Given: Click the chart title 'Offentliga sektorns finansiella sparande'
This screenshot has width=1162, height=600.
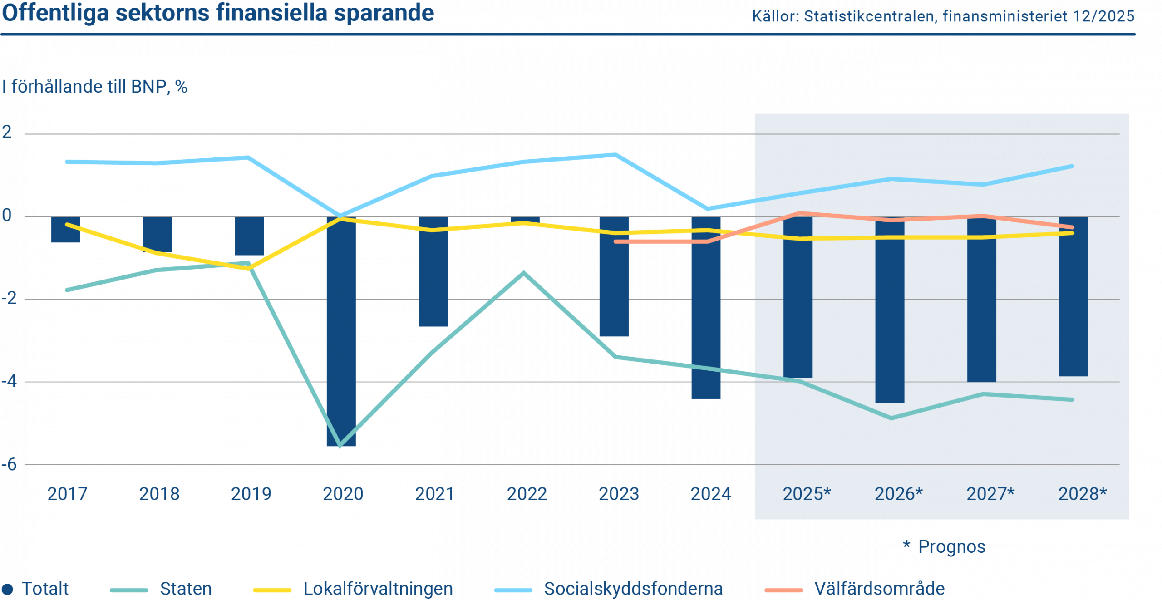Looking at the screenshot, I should point(218,13).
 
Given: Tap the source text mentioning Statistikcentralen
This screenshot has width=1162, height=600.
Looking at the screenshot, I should point(943,16).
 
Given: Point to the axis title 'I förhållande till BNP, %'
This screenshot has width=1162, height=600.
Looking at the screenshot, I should point(94,86).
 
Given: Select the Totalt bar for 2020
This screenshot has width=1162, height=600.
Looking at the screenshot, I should point(341,331).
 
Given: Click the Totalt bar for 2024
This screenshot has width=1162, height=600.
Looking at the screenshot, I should point(706,309).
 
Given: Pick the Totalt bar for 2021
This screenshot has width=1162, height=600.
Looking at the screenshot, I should point(433,272).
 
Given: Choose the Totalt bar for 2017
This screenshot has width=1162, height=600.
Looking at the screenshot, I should point(65,230).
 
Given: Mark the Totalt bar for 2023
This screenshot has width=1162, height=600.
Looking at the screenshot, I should point(614,277).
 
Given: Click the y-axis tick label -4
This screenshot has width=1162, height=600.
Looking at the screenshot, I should point(9,381).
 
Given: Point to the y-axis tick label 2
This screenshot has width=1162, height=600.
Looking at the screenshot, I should point(7,132).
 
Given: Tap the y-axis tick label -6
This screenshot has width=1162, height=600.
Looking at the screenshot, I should point(9,464).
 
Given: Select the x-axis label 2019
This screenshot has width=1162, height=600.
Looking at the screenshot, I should point(251,494).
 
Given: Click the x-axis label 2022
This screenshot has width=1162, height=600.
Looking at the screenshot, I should point(527,494).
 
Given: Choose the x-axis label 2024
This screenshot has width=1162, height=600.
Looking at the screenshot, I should point(710,494).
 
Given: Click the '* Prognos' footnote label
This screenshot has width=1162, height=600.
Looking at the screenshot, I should point(944,546).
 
